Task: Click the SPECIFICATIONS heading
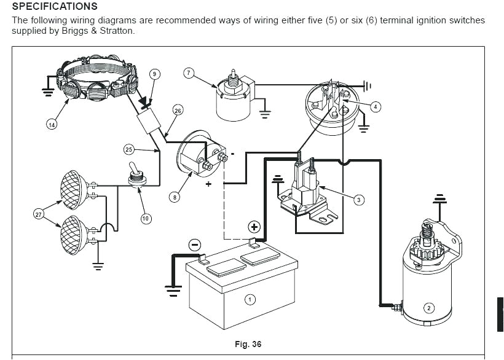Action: tap(55, 7)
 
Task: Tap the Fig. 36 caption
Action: tap(248, 344)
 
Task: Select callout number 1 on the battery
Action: tap(250, 299)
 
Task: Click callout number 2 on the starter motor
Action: tap(430, 308)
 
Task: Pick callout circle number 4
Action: tap(376, 106)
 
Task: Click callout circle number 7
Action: tap(189, 73)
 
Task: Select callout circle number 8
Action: tap(175, 197)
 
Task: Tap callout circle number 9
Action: tap(155, 74)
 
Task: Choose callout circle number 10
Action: tap(146, 218)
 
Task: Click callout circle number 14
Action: tap(52, 124)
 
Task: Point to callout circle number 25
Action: tap(129, 149)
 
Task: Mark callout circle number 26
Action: tap(178, 111)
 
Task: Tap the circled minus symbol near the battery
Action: tap(194, 245)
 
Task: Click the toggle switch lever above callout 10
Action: tap(132, 167)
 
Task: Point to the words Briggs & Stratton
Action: tap(98, 30)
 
